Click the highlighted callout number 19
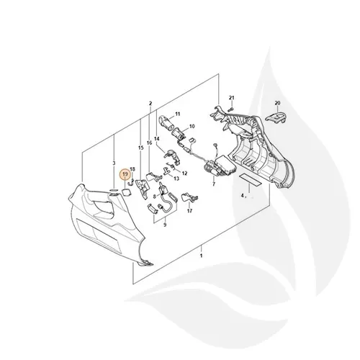(125, 174)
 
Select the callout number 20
(277, 104)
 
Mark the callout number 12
(184, 174)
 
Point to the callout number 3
(113, 165)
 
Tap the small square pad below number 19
(116, 192)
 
